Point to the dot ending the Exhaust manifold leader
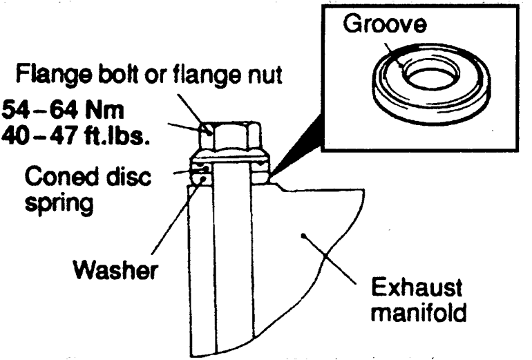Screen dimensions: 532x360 (301, 236)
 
